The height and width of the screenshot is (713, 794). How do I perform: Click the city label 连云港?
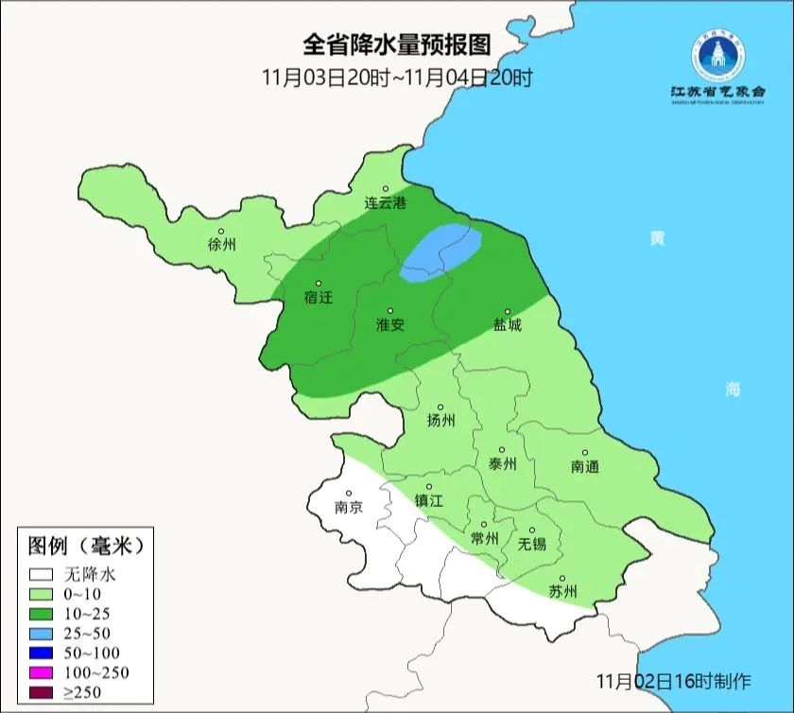point(386,203)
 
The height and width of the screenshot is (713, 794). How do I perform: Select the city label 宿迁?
point(319,297)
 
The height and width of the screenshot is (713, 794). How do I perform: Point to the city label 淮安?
point(390,324)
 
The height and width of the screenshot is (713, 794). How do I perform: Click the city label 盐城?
point(507,324)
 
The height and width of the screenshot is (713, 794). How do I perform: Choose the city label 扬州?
point(440,420)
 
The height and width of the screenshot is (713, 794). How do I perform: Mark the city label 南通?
point(585,466)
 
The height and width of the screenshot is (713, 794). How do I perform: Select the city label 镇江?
point(429,501)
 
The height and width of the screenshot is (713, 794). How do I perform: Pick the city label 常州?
point(484,537)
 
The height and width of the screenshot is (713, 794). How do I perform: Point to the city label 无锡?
point(531,544)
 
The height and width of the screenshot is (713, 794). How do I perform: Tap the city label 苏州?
point(562,592)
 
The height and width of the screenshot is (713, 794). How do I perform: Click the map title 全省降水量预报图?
point(397,44)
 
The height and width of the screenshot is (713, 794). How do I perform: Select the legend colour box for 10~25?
point(41,614)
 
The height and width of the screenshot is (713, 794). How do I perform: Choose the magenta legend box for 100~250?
point(41,672)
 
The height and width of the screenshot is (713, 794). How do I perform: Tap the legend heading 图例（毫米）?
point(84,546)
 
